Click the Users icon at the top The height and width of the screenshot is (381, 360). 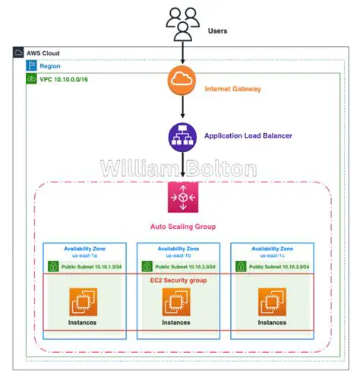tap(183, 23)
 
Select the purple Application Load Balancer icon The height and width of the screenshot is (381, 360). tap(183, 136)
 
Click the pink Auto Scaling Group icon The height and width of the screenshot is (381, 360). tap(183, 197)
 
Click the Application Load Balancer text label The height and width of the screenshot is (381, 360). tap(248, 137)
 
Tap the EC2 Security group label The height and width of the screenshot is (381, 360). tap(180, 281)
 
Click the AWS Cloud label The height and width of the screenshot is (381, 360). tap(43, 54)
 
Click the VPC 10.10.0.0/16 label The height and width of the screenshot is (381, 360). tap(66, 78)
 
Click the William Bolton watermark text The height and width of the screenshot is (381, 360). tap(179, 167)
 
